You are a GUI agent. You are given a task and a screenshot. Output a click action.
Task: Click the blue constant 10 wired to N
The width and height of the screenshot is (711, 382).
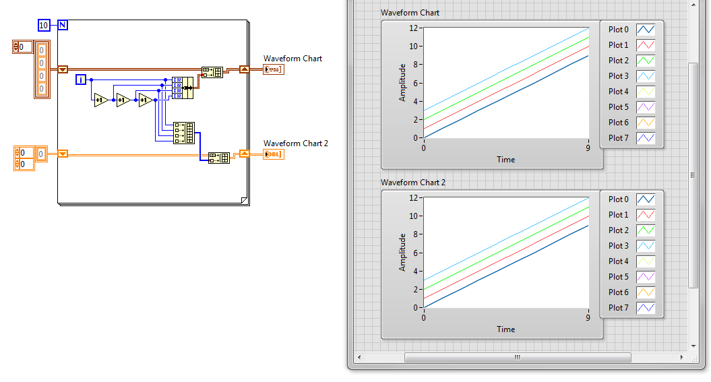pos(44,26)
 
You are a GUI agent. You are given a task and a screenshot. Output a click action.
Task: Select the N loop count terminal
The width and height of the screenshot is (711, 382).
pos(63,26)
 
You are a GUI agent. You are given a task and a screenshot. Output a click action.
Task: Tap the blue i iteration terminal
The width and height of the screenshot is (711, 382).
pos(81,79)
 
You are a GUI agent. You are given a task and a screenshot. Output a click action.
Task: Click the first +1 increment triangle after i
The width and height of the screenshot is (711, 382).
pos(101,100)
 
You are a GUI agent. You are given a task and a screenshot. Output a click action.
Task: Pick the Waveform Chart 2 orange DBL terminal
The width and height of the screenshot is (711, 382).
pos(274,154)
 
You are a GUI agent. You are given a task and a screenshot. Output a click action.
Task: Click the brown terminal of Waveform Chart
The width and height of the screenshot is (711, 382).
pos(274,69)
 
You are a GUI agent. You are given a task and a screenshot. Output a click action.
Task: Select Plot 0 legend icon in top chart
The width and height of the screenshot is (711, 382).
pos(646,30)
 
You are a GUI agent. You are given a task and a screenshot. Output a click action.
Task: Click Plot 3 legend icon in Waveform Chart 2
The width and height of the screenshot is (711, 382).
pos(646,246)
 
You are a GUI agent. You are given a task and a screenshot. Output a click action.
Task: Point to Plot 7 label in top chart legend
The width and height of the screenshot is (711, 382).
pos(619,137)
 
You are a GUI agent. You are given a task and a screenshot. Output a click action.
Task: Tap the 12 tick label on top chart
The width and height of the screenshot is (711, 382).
pos(413,28)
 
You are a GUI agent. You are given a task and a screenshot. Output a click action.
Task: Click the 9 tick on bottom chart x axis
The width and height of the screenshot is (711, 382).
pos(588,317)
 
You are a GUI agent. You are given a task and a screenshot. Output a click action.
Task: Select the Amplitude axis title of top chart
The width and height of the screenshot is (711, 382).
pos(402,82)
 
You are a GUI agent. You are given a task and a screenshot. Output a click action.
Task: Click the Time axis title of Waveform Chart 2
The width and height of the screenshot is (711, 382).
pos(505,329)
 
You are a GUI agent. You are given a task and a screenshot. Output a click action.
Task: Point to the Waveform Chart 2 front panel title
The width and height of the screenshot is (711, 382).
pos(413,182)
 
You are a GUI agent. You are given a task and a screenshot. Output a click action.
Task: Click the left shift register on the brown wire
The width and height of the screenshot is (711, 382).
pos(63,69)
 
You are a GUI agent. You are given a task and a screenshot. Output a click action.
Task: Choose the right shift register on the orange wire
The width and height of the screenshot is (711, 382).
pos(245,154)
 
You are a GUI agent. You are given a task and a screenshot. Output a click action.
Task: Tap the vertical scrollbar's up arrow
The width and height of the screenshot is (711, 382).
pos(693,5)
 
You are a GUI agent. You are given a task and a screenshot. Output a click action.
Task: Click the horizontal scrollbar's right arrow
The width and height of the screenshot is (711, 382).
pos(681,357)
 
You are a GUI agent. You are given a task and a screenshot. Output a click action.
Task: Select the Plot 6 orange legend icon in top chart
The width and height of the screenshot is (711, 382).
pos(646,123)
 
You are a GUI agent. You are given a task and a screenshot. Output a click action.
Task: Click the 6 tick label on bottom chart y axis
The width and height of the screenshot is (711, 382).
pos(415,253)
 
